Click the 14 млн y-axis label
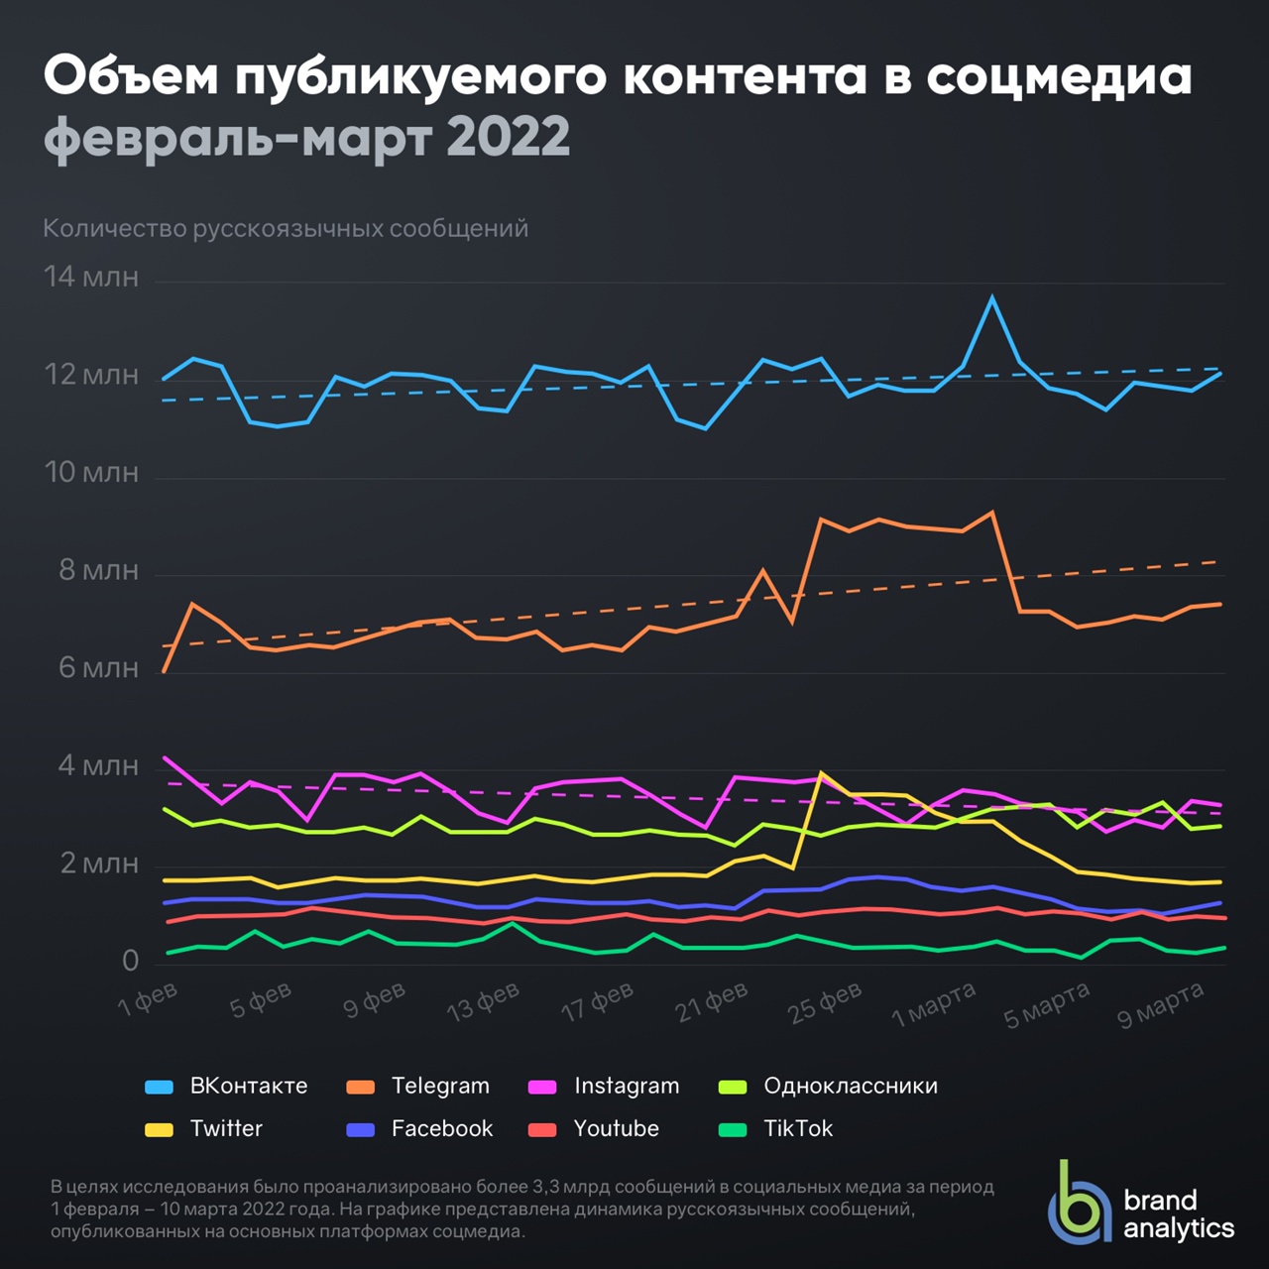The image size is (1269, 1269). (91, 277)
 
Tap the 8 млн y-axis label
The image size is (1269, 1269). (98, 570)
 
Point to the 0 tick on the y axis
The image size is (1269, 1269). (130, 960)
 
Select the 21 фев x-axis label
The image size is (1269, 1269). (712, 1002)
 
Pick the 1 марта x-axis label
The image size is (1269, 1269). (934, 1004)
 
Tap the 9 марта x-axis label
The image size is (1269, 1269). (1160, 1004)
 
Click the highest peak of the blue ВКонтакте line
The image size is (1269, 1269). (991, 296)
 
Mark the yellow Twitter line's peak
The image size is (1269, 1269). (821, 772)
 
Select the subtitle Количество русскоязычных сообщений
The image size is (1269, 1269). (286, 229)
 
